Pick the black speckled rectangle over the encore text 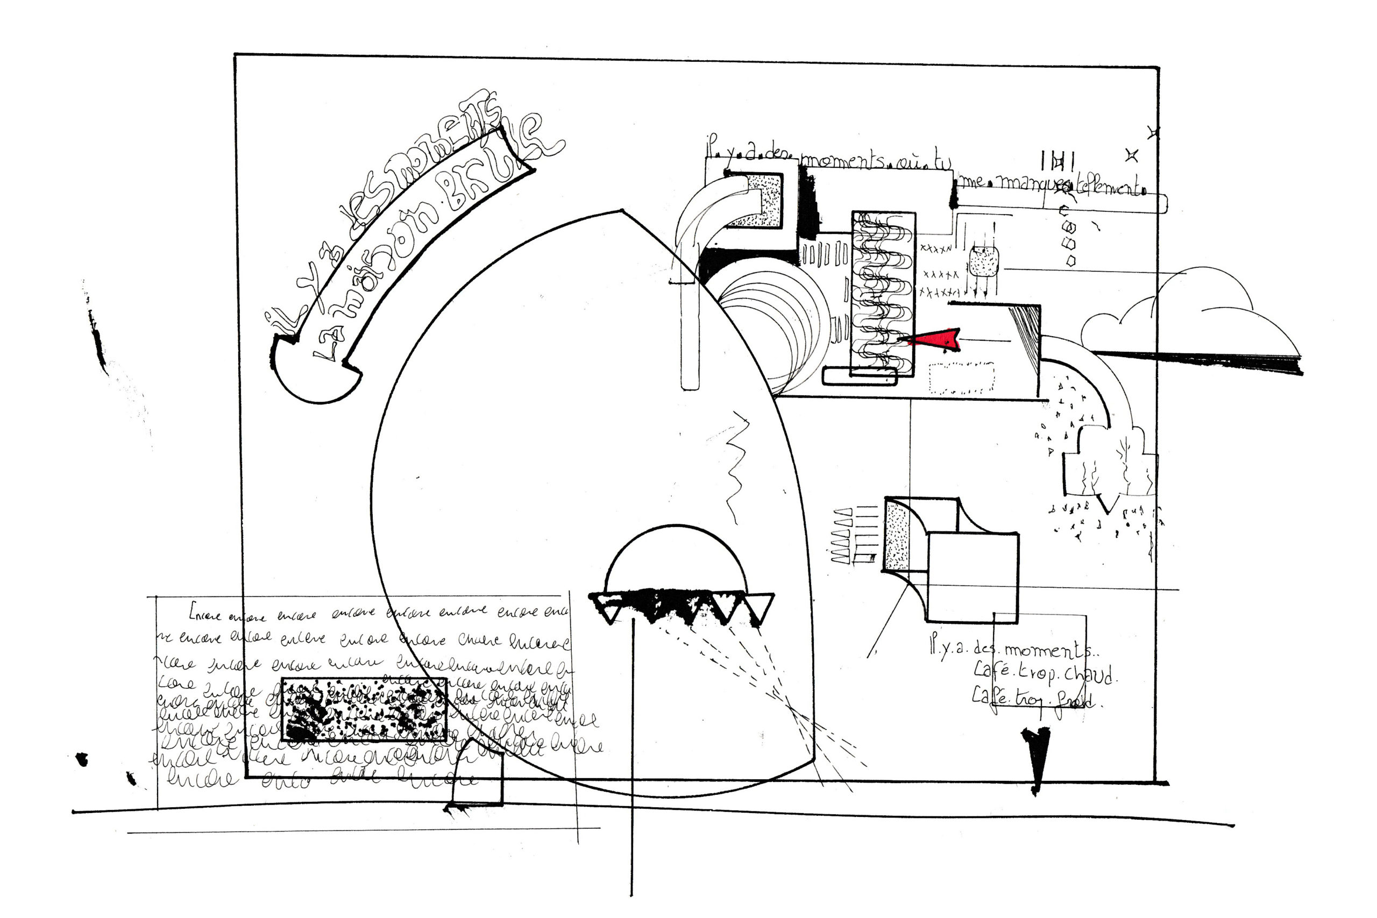[x=364, y=709]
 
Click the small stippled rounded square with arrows [x=984, y=262]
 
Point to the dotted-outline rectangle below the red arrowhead [x=961, y=378]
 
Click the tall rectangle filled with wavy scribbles [x=883, y=293]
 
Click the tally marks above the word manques [x=1057, y=160]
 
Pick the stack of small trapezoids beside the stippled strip [x=842, y=536]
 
